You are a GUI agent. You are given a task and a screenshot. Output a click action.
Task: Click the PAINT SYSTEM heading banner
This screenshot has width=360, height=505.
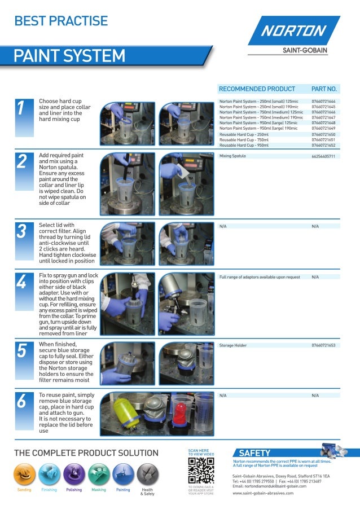click(x=71, y=56)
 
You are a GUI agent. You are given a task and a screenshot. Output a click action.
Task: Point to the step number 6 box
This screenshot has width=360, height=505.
click(x=21, y=402)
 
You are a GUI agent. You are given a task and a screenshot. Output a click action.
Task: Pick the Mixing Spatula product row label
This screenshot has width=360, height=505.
click(x=232, y=156)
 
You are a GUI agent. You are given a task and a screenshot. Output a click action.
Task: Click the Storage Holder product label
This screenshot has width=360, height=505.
click(x=234, y=345)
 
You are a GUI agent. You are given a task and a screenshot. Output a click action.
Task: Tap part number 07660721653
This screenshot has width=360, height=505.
click(x=323, y=345)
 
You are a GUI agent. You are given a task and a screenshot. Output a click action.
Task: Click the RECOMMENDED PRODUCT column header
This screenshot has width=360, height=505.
click(x=257, y=89)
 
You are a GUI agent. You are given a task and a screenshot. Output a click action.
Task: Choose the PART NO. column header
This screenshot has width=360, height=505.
click(x=324, y=89)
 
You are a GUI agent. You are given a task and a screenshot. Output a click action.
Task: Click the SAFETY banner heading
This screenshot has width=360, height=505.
click(x=254, y=453)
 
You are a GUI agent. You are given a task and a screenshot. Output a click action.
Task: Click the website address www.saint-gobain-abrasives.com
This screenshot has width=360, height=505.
click(x=263, y=493)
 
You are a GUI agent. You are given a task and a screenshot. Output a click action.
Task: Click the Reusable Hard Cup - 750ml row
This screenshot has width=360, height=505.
click(x=244, y=140)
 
